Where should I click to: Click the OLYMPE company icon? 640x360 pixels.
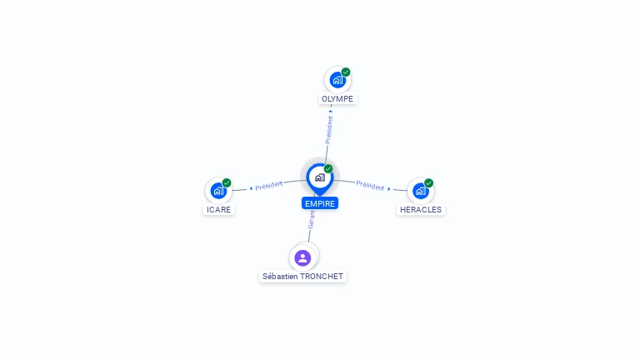point(337,80)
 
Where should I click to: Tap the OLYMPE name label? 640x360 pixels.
point(337,99)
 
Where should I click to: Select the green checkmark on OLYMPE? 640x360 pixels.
point(346,72)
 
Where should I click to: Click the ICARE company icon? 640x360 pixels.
point(218,191)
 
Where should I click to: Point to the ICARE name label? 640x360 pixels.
point(219,209)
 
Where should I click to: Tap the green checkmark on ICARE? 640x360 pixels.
point(227,182)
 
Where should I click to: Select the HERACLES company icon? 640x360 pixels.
point(420,191)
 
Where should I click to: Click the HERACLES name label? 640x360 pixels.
point(421,209)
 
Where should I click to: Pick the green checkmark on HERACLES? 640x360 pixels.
point(428,182)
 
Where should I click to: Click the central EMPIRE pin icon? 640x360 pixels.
point(320,179)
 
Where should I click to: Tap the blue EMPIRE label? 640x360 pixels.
point(320,203)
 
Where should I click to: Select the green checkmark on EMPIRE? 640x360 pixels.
point(328,168)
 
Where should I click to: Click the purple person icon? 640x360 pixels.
point(302,258)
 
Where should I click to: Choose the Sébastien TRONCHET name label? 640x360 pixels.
point(302,277)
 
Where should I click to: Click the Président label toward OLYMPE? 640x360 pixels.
point(329,130)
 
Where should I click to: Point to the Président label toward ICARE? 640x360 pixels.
point(269,186)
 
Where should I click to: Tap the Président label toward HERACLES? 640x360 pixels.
point(370,186)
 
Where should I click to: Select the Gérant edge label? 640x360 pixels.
point(312,220)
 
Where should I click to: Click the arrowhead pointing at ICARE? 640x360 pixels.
point(251,188)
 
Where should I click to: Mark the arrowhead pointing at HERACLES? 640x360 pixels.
point(389,188)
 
